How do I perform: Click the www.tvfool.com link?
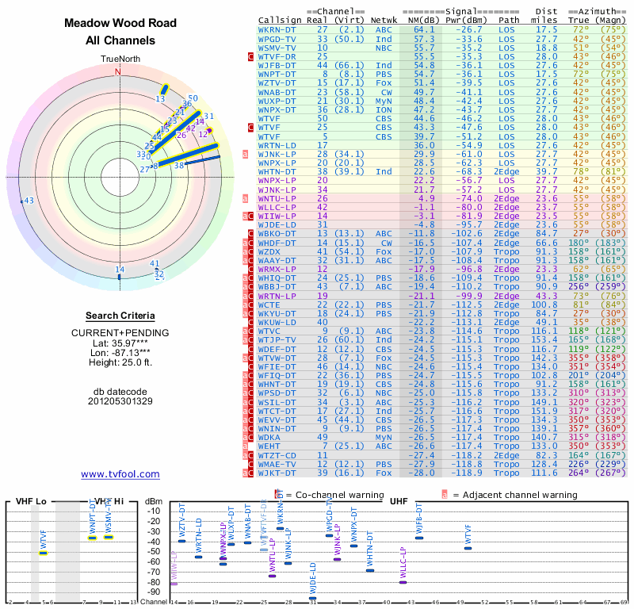120,474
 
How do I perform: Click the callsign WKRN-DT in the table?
277,29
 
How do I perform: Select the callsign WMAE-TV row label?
277,464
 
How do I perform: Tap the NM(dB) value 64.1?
424,29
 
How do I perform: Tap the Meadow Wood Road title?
119,24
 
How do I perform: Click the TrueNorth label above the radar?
119,59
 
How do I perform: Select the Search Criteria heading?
120,316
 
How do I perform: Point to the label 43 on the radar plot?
29,201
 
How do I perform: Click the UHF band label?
399,501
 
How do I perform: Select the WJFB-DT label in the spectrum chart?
418,523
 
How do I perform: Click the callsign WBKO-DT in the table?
277,234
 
